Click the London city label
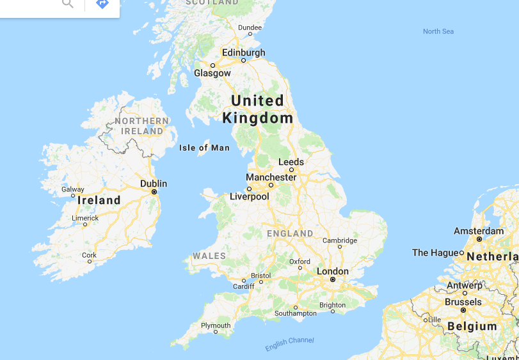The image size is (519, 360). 333,271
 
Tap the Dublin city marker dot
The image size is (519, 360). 154,192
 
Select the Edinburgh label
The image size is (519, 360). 243,53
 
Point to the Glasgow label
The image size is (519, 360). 212,73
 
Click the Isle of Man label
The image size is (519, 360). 204,148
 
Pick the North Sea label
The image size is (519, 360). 438,31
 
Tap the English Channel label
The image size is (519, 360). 290,343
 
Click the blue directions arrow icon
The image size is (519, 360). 102,3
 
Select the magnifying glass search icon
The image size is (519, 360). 67,3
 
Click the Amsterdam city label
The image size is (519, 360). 479,231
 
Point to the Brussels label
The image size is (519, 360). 463,302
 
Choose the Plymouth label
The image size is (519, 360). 216,325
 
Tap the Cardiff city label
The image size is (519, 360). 243,286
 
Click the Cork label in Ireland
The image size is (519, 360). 90,255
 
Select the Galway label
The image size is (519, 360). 72,189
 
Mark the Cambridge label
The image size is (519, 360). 340,240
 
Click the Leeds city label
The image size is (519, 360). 291,162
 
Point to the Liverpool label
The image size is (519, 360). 250,196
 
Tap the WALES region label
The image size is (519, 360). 209,256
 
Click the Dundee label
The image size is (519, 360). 250,27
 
